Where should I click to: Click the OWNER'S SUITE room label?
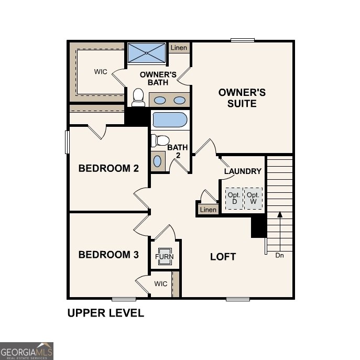point(242,98)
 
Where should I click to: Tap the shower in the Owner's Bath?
point(146,53)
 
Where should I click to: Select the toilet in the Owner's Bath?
point(138,97)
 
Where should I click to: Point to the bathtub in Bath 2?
point(169,120)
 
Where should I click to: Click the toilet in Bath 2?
point(159,141)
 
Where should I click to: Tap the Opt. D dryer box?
point(234,198)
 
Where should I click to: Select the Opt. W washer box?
point(254,198)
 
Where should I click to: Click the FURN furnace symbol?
point(165,257)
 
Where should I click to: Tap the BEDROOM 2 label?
point(108,168)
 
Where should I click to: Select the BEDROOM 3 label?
point(108,255)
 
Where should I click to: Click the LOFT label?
point(223,257)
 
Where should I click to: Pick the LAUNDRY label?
point(243,171)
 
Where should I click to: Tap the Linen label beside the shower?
point(178,48)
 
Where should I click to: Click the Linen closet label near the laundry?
point(208,210)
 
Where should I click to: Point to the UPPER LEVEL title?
point(105,313)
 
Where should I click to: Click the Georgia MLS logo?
point(26,351)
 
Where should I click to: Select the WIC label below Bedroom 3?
point(161,283)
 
